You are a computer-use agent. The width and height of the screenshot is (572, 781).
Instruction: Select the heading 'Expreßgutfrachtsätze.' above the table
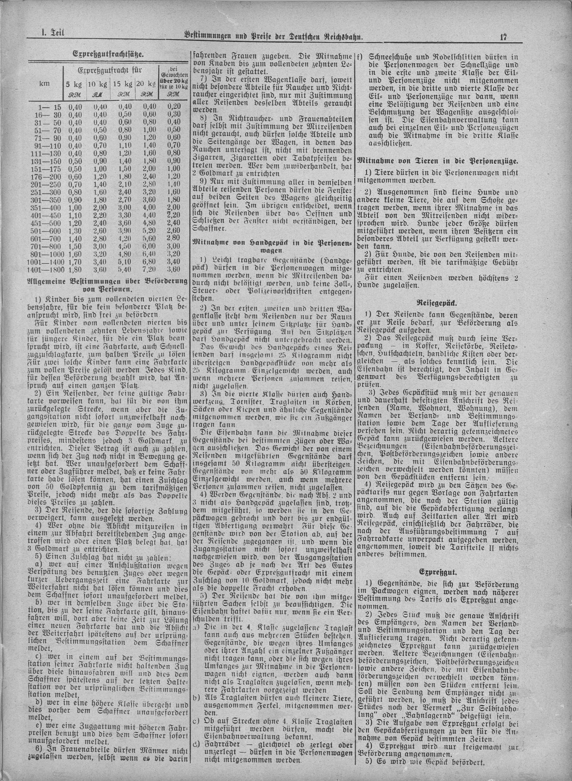click(x=108, y=54)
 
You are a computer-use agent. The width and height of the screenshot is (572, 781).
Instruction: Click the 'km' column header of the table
click(x=45, y=83)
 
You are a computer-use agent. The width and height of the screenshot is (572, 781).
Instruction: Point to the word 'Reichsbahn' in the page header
click(x=340, y=35)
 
